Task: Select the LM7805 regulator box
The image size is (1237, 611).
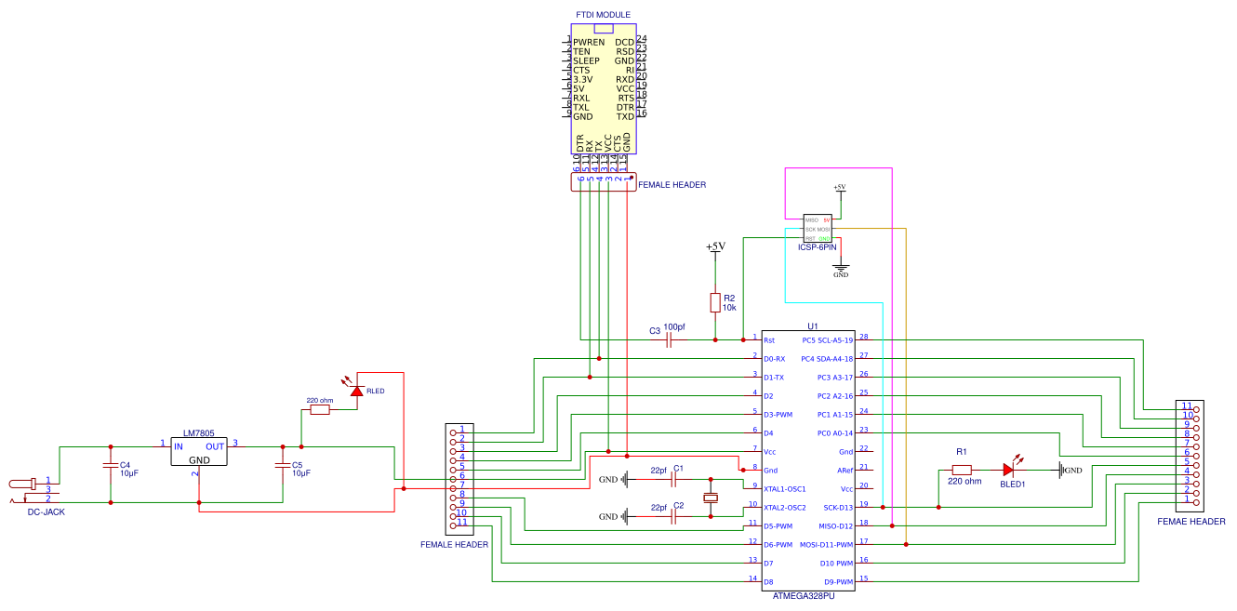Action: (198, 453)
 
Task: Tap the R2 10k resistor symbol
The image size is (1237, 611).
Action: (714, 303)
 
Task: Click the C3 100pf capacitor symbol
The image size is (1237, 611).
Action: (670, 340)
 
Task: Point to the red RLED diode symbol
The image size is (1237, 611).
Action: (355, 391)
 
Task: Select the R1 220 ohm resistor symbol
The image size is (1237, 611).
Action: (962, 471)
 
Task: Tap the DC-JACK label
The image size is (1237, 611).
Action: (47, 511)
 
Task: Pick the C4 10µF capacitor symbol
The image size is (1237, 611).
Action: (111, 463)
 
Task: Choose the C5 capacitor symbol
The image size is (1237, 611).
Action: (283, 463)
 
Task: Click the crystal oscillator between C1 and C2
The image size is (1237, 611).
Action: (711, 498)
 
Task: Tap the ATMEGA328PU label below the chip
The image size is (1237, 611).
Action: (804, 595)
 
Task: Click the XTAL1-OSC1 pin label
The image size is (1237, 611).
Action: (784, 489)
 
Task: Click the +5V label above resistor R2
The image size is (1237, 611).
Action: (714, 247)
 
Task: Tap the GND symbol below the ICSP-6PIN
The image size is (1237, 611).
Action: (841, 271)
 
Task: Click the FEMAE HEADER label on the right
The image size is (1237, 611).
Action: (1190, 522)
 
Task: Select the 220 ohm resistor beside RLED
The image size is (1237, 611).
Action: (319, 409)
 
